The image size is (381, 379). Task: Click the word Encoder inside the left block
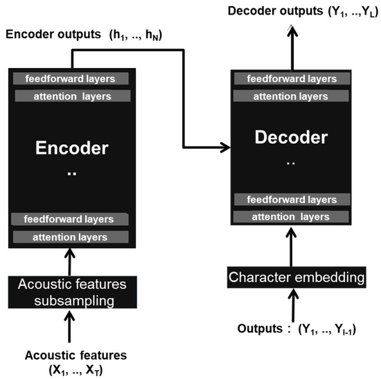pyautogui.click(x=72, y=148)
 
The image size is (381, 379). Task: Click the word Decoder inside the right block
pyautogui.click(x=291, y=137)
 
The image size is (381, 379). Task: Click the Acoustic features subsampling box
pyautogui.click(x=72, y=292)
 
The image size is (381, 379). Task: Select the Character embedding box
pyautogui.click(x=297, y=279)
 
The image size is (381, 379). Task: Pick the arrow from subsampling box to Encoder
pyautogui.click(x=69, y=261)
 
